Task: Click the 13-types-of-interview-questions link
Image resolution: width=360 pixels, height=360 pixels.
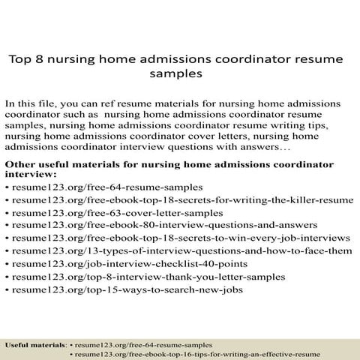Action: coord(182,250)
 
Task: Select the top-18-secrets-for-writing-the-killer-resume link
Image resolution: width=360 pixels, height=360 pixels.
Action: coord(182,199)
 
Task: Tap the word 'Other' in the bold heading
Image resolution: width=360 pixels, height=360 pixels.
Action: coord(19,161)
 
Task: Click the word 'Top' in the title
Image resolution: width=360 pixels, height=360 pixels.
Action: coord(21,58)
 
